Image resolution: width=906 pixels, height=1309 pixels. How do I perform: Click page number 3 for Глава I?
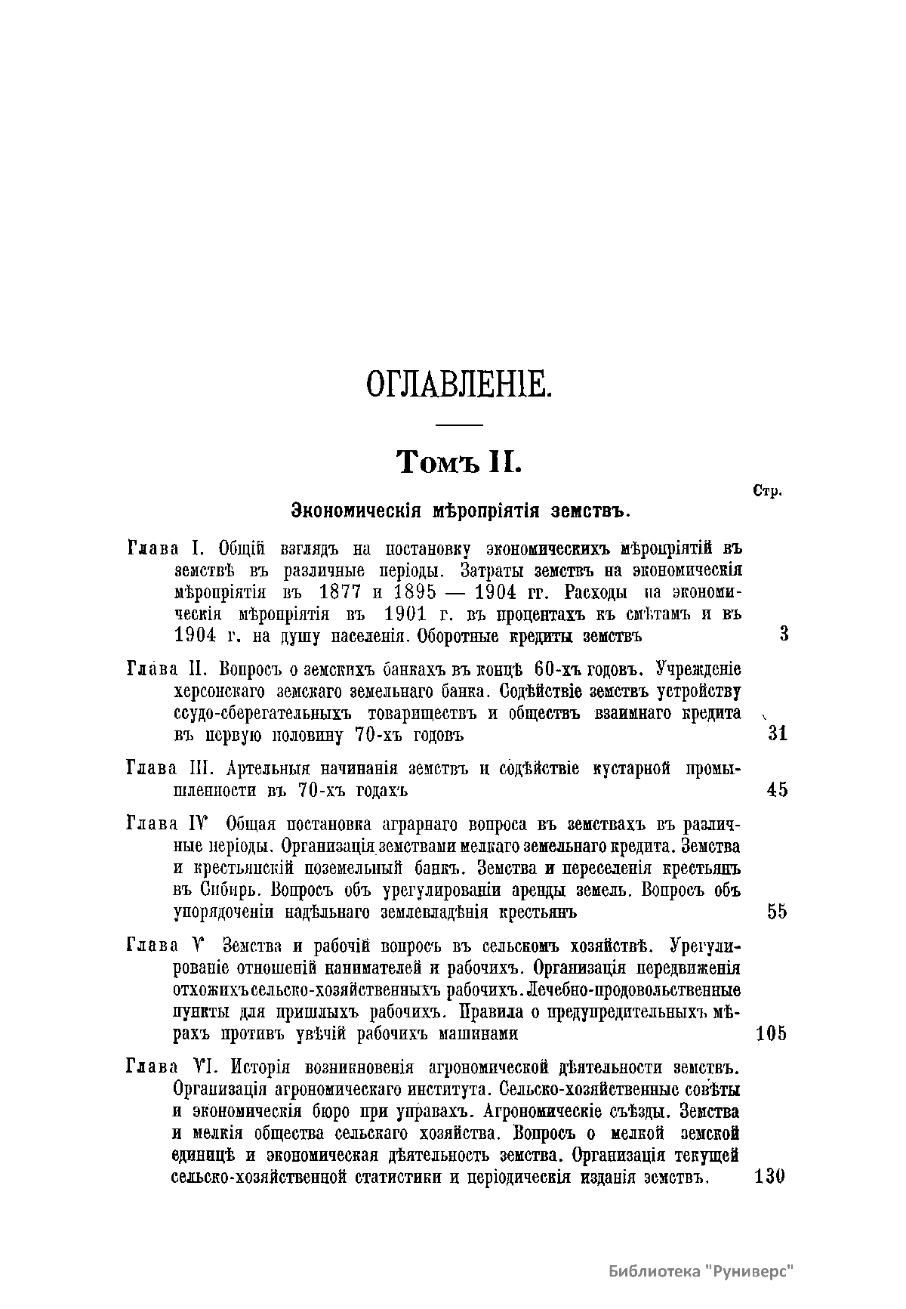(784, 634)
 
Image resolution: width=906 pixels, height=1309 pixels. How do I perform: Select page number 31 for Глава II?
(778, 733)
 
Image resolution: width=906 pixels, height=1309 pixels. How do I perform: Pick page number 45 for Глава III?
(778, 790)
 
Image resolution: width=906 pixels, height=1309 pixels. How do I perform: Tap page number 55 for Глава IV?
(778, 912)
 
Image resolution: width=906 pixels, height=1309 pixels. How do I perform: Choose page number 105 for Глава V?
(771, 1033)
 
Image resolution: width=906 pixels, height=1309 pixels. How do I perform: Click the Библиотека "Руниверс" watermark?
(703, 1271)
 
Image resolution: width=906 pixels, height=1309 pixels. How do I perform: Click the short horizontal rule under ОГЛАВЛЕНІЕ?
(459, 424)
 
